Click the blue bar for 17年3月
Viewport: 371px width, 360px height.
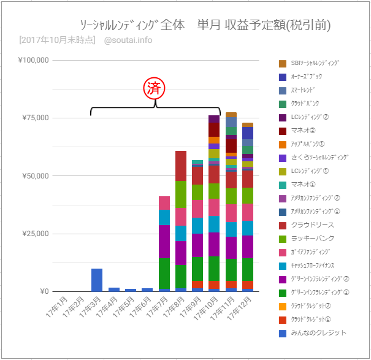click(97, 280)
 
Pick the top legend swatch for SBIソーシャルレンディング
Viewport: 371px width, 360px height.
click(283, 63)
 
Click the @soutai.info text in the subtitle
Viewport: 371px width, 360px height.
click(128, 40)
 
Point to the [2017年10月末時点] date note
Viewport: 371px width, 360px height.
click(57, 40)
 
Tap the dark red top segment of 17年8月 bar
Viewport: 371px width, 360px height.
click(181, 166)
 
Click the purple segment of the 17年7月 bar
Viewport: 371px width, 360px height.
click(164, 242)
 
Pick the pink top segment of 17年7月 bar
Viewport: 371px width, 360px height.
click(164, 202)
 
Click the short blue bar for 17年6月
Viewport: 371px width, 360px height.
click(147, 289)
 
